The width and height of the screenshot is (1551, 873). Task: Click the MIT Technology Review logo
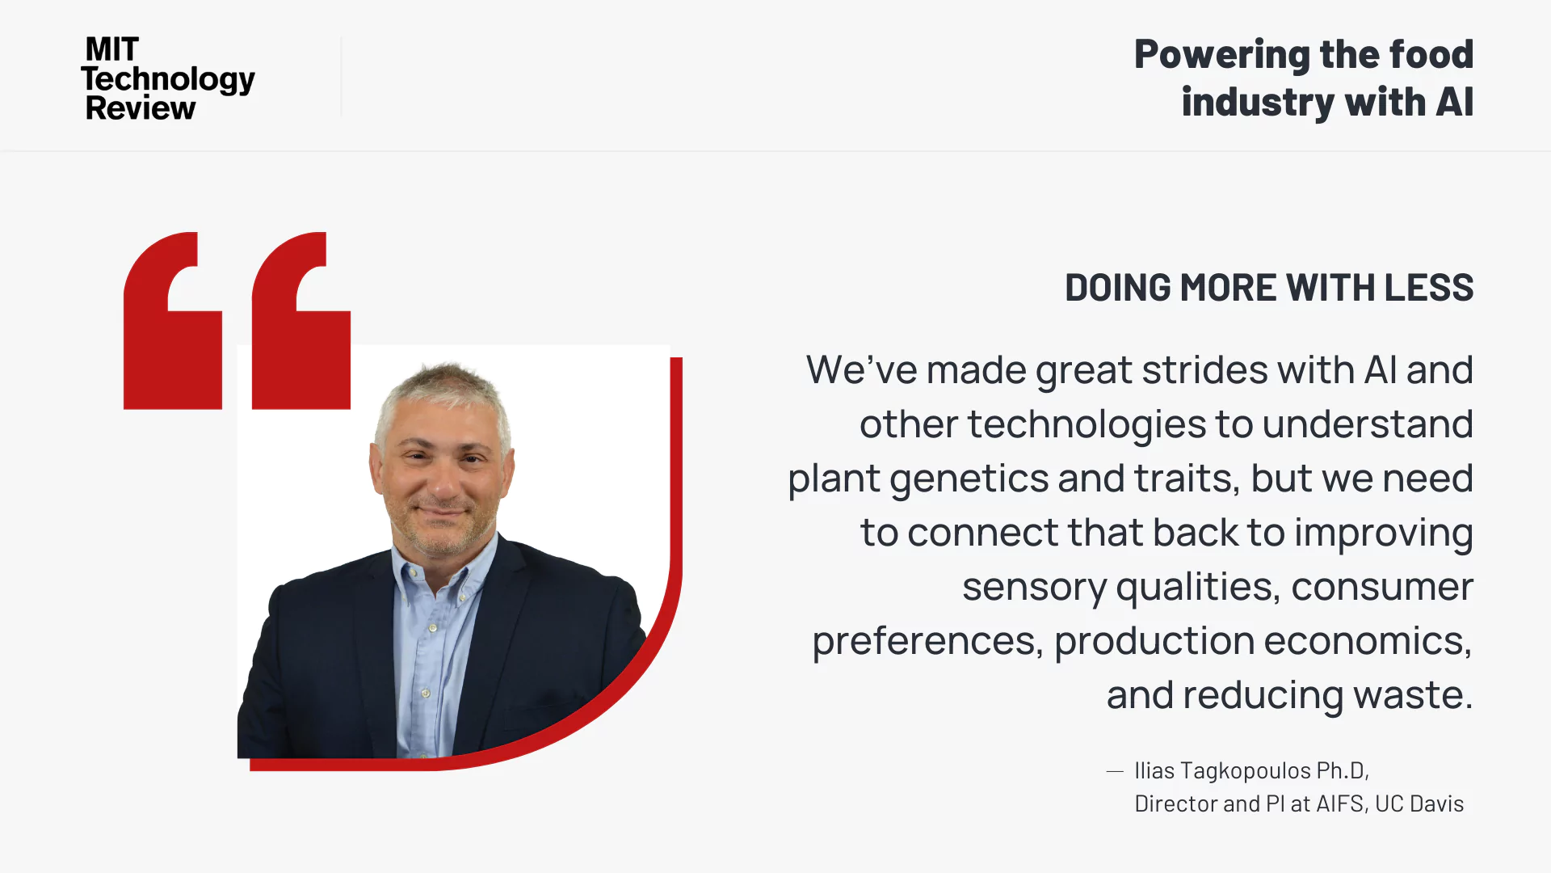pos(168,78)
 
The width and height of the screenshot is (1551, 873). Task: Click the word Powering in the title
pos(1221,55)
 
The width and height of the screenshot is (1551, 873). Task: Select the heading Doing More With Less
pos(1269,288)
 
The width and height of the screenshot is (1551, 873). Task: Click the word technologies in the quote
pos(1087,424)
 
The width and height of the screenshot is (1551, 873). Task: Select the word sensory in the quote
pos(1034,588)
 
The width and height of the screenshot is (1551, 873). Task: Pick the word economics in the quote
pos(1368,642)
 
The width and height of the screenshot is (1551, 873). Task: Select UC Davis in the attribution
pos(1419,804)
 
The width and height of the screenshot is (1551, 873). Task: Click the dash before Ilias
pos(1115,772)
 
